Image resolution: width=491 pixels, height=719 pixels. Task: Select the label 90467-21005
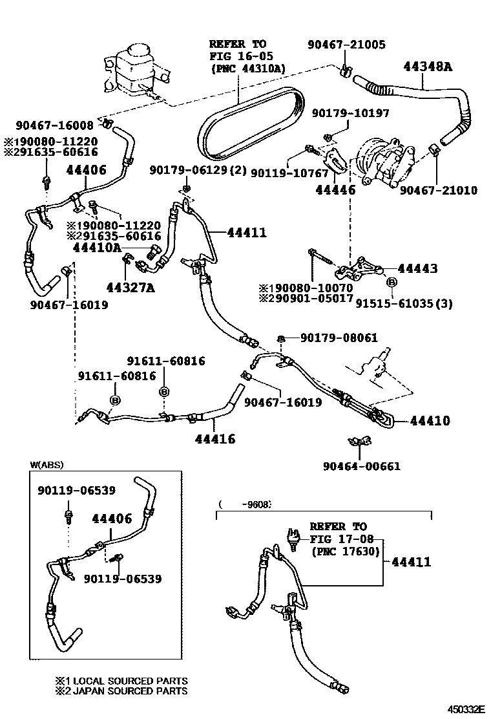point(346,45)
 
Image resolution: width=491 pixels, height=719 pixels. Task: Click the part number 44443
point(417,268)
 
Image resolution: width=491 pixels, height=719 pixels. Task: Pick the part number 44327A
point(131,288)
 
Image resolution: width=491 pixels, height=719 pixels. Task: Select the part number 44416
point(215,440)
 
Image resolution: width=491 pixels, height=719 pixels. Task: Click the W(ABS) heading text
point(47,464)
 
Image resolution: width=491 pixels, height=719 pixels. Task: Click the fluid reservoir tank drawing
point(136,68)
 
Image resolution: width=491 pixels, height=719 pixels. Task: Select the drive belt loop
point(249,126)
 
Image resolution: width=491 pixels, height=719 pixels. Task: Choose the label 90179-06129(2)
point(194,169)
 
